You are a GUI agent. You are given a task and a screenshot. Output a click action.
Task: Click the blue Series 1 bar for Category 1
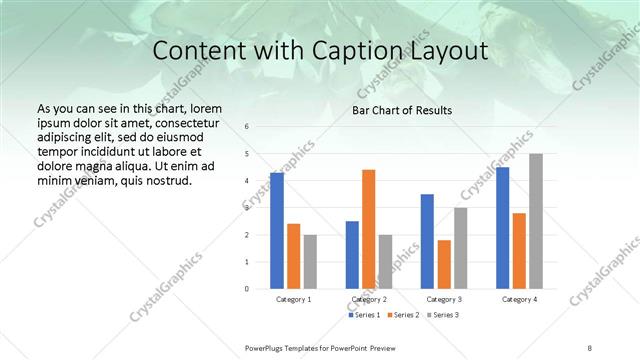[277, 231]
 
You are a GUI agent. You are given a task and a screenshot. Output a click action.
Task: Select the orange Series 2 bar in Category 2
[369, 229]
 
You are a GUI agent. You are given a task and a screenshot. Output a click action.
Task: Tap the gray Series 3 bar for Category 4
[536, 221]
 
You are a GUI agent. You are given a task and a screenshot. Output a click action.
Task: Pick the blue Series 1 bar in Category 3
[427, 241]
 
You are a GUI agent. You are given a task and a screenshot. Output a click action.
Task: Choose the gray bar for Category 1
[310, 262]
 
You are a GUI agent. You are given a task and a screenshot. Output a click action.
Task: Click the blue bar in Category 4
[502, 228]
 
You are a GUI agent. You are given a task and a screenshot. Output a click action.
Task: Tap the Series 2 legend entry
[404, 316]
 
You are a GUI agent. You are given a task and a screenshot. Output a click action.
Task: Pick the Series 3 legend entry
[442, 316]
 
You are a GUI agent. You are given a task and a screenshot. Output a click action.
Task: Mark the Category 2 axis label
[369, 299]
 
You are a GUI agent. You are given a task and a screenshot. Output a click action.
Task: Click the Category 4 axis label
[519, 299]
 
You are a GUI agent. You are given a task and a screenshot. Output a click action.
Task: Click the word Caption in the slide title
[367, 52]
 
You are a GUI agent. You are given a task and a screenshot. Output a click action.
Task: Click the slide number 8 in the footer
[590, 348]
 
